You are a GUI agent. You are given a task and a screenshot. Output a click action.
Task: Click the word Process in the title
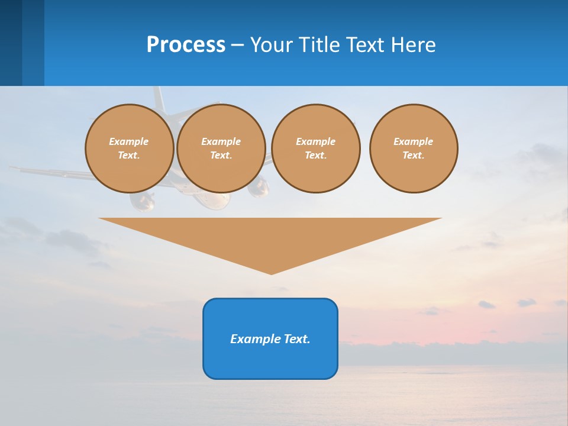click(x=186, y=45)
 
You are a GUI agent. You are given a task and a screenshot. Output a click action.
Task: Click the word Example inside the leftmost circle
click(x=129, y=141)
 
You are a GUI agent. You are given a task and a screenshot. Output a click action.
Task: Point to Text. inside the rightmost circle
click(x=414, y=155)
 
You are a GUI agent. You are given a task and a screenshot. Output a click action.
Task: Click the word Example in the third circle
click(x=316, y=141)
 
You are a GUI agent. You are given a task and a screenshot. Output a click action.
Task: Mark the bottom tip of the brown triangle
click(x=271, y=274)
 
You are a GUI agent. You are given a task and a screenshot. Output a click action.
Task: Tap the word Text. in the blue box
click(x=298, y=339)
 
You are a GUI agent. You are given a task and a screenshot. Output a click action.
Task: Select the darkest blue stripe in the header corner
click(x=11, y=43)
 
